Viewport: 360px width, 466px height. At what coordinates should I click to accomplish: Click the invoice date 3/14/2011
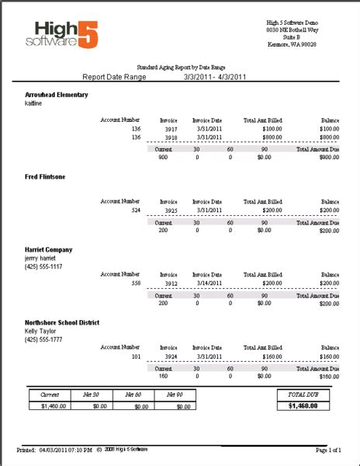coord(209,283)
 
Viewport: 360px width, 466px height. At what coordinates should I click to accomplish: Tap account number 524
coord(134,210)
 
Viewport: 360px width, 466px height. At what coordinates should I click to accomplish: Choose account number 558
coord(134,283)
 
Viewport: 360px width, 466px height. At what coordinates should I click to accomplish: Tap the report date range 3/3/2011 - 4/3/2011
coord(215,77)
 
